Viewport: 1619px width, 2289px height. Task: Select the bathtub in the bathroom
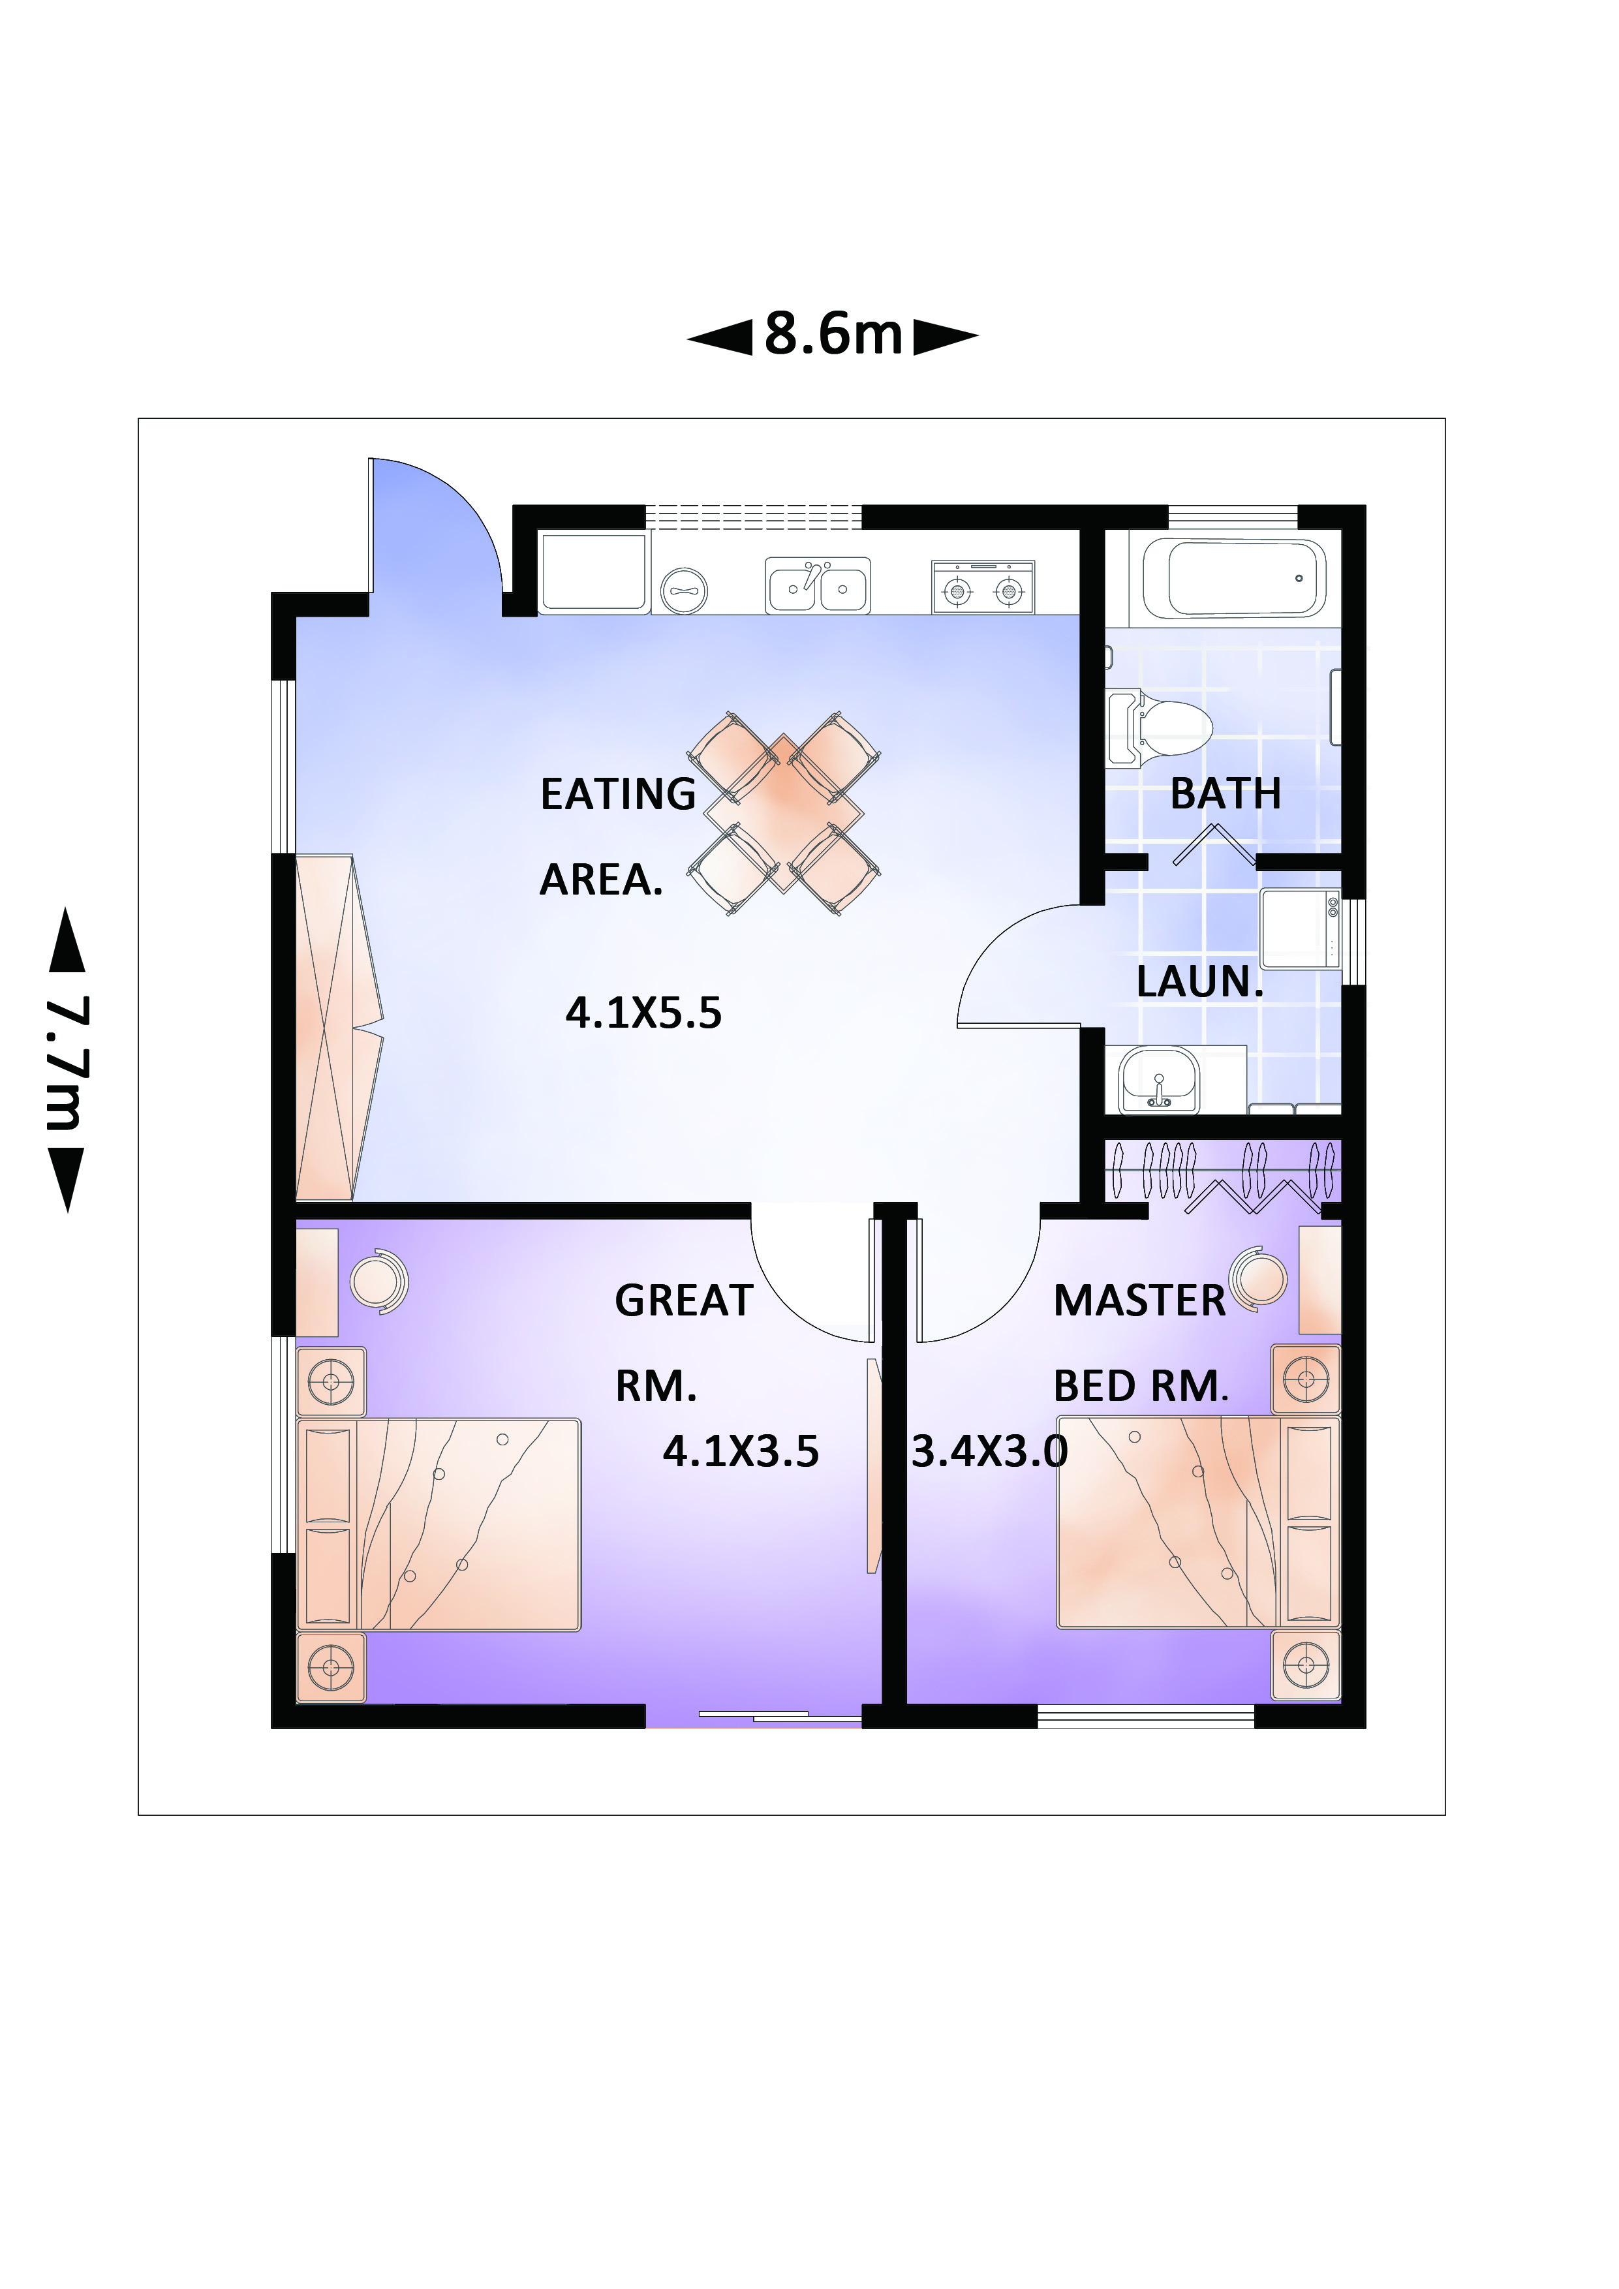coord(1234,578)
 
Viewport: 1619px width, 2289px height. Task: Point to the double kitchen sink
coord(818,585)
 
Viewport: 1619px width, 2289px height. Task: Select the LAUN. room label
coord(1200,982)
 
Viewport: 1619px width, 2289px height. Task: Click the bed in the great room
coord(439,1526)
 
